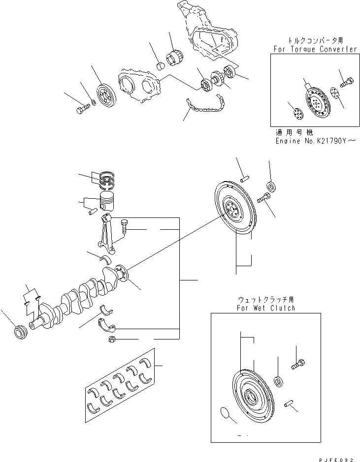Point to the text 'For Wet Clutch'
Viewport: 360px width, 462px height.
click(x=266, y=308)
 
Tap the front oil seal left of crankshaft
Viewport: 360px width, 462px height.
click(x=20, y=333)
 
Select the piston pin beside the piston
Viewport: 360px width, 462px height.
click(x=92, y=213)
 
